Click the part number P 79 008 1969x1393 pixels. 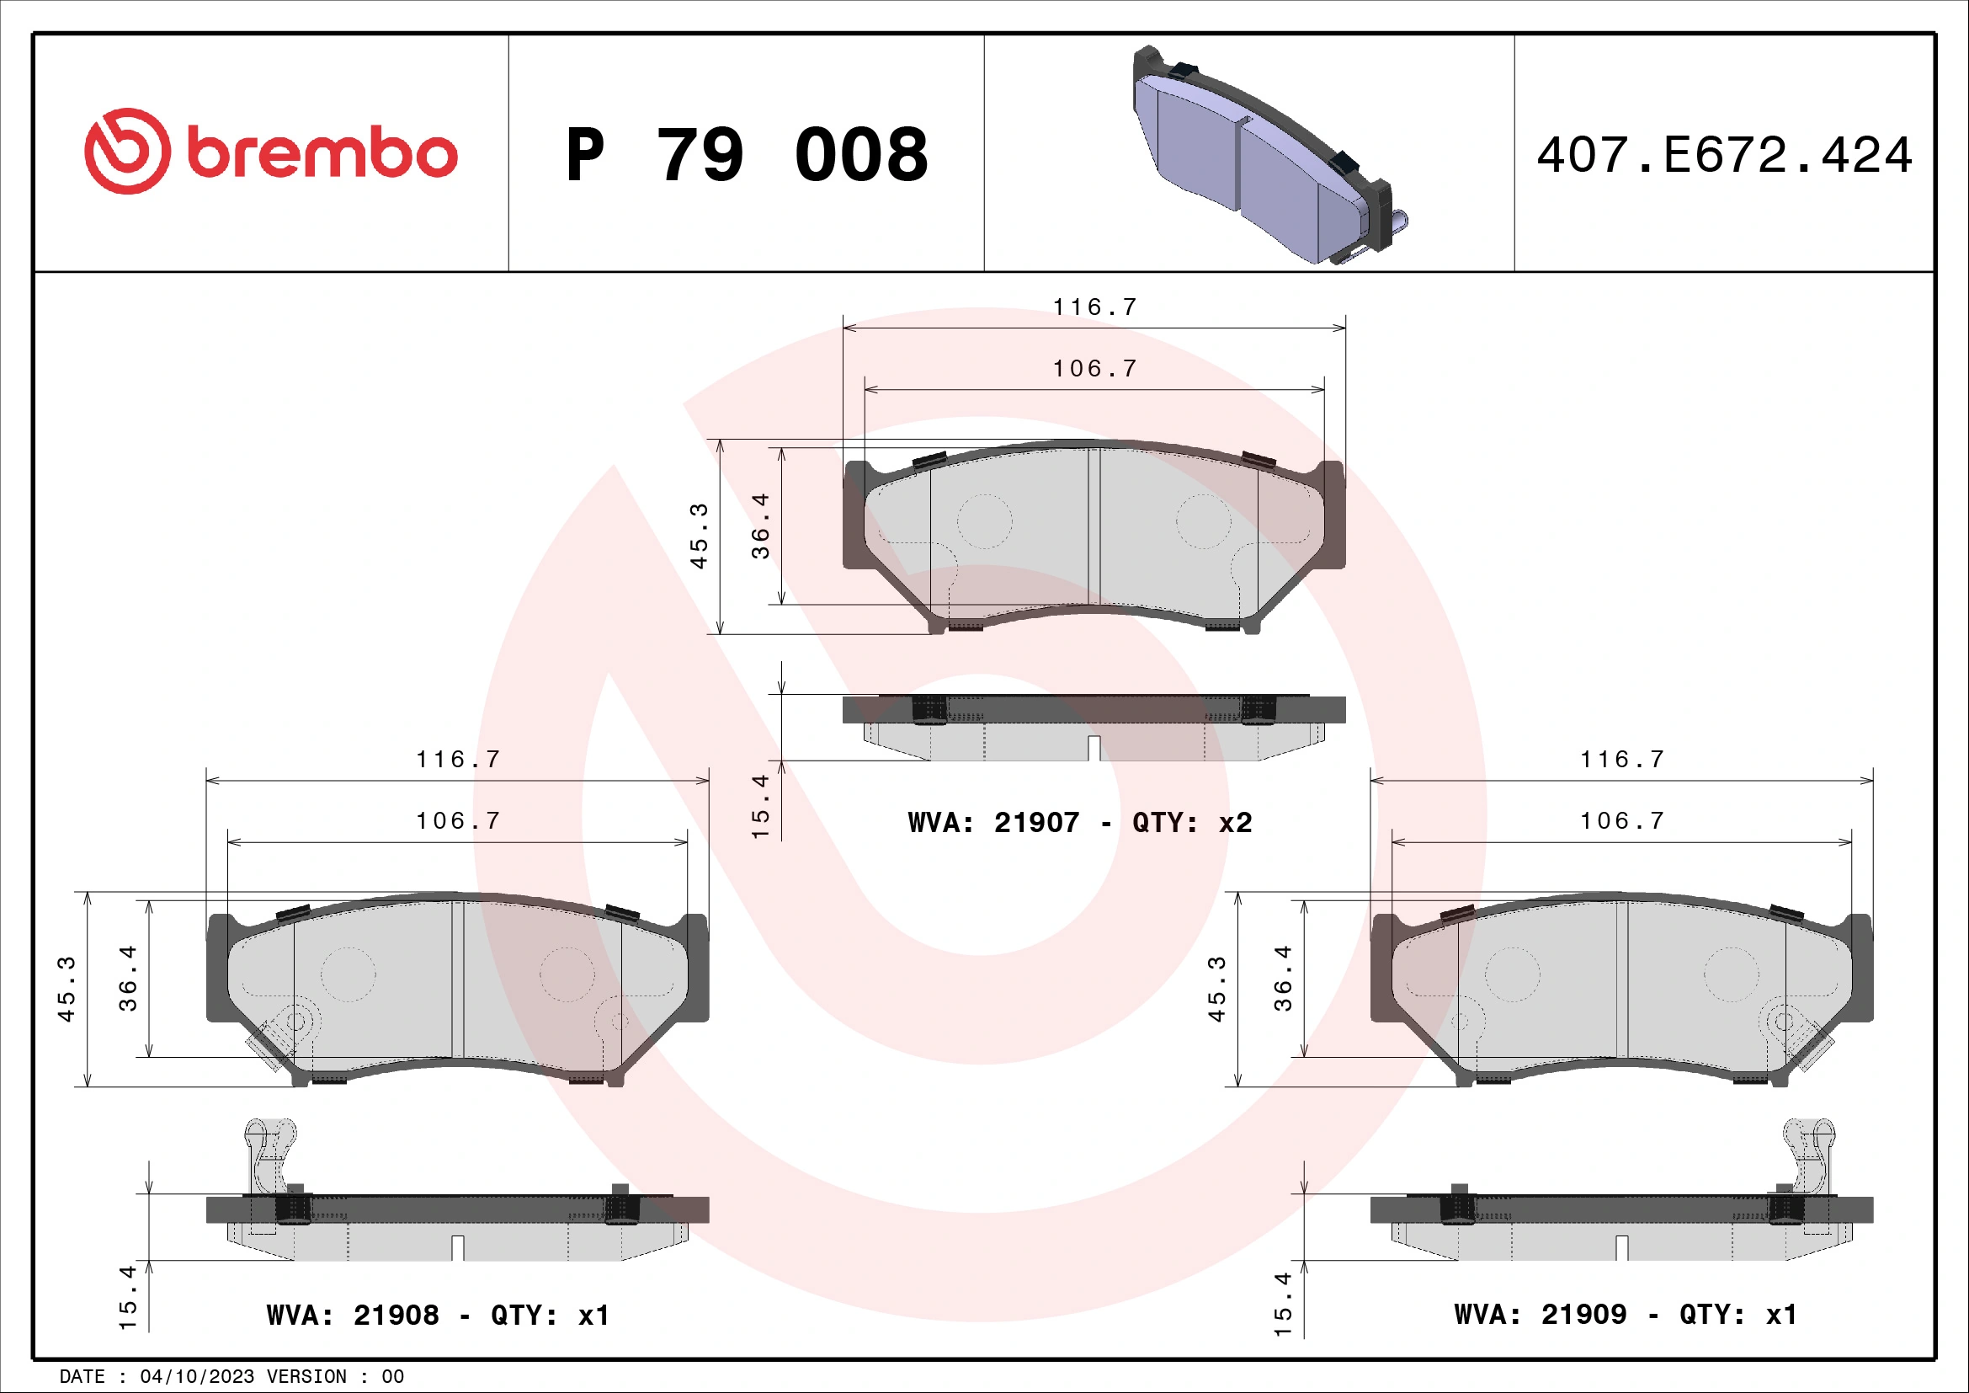pos(746,155)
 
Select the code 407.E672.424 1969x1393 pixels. pos(1724,155)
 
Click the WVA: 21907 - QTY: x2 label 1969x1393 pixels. pos(1080,823)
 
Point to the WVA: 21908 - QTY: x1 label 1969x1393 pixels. pos(438,1315)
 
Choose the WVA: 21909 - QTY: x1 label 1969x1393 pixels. pos(1625,1314)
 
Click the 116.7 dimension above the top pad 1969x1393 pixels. pos(1094,307)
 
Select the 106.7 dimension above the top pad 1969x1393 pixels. pos(1094,369)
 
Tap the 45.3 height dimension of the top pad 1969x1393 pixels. pos(699,536)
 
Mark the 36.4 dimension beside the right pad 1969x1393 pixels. pos(1282,978)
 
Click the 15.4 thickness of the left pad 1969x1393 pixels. pos(127,1297)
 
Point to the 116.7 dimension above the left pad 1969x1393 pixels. pos(457,759)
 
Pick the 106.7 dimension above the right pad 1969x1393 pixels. pos(1621,821)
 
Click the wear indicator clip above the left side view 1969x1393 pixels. pos(269,1154)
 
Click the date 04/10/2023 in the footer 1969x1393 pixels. pos(197,1377)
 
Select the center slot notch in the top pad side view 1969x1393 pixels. pos(1094,748)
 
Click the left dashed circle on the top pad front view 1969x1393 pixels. pos(985,521)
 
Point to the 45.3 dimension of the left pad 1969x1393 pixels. pos(66,989)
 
